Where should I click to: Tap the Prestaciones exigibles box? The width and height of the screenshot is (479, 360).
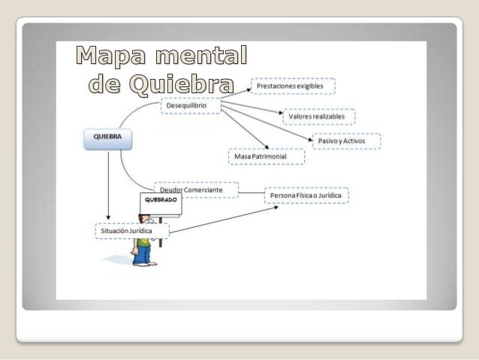pos(293,86)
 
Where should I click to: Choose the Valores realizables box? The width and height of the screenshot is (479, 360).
pos(318,118)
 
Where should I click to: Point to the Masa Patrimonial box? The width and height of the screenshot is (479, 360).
pos(267,156)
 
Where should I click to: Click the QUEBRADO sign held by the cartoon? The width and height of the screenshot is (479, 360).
pos(161,203)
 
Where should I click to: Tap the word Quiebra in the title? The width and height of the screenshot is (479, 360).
pos(180,83)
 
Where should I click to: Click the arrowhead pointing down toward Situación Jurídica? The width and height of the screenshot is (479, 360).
pos(109,219)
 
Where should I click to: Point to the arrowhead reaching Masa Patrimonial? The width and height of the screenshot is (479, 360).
pos(267,146)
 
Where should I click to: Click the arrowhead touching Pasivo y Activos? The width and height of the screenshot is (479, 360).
pos(310,140)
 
